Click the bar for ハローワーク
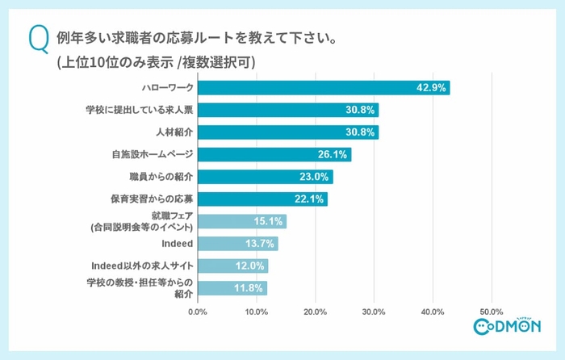pos(323,88)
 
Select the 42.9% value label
pos(432,88)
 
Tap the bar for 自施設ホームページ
pos(274,154)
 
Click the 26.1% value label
pos(333,154)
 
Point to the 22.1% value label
pos(310,199)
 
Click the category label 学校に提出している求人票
pos(139,110)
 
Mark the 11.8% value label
pos(250,287)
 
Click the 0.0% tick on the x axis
pos(198,311)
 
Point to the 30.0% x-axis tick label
pos(375,311)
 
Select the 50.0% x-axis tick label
pos(492,311)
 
